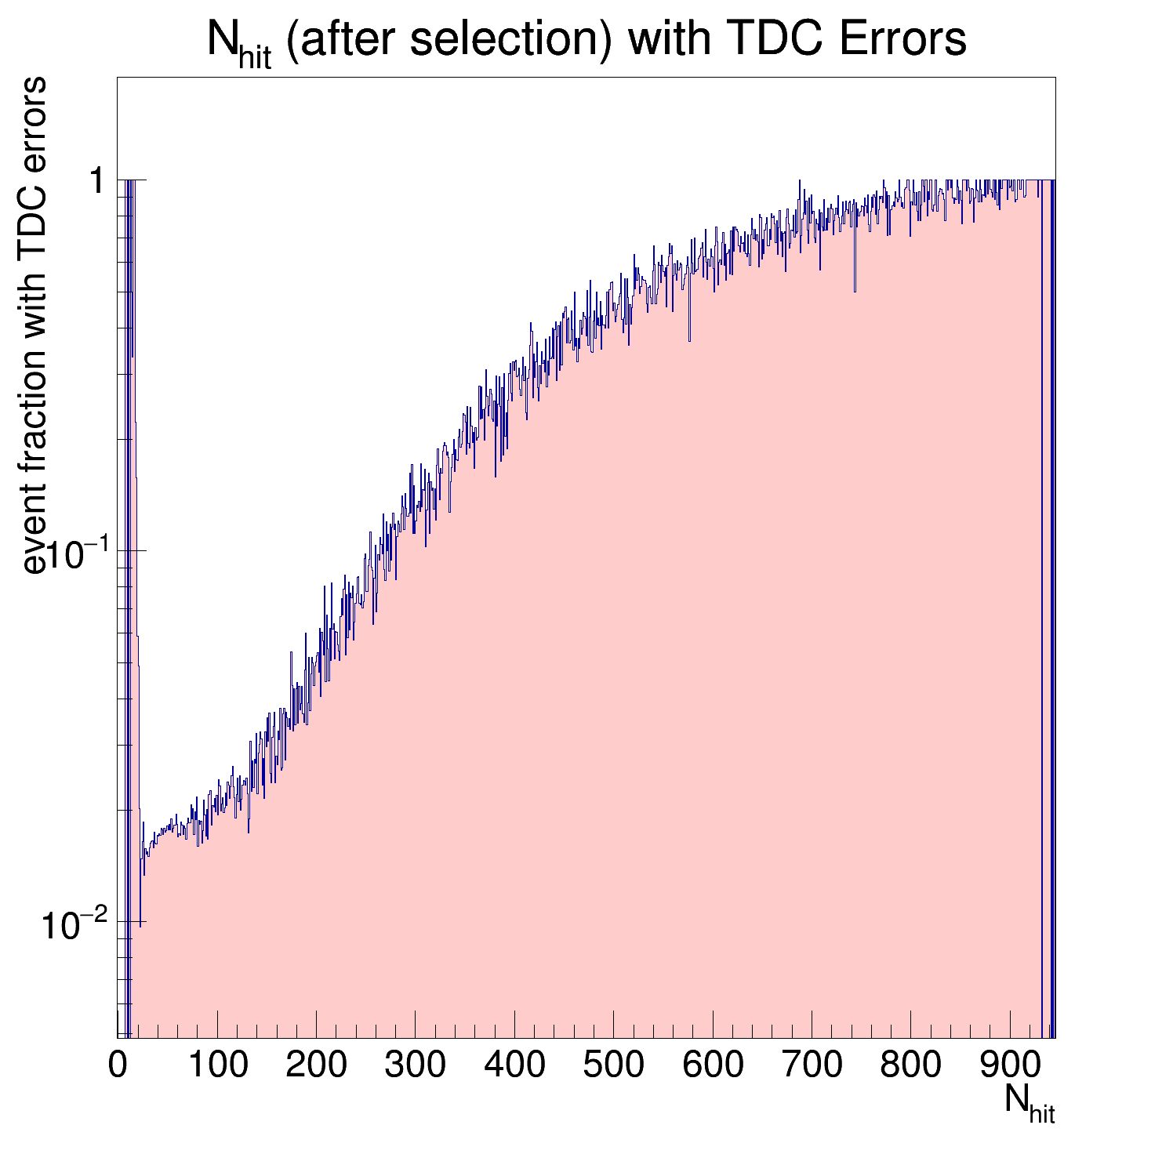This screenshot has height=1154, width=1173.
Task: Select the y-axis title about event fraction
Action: point(34,325)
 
